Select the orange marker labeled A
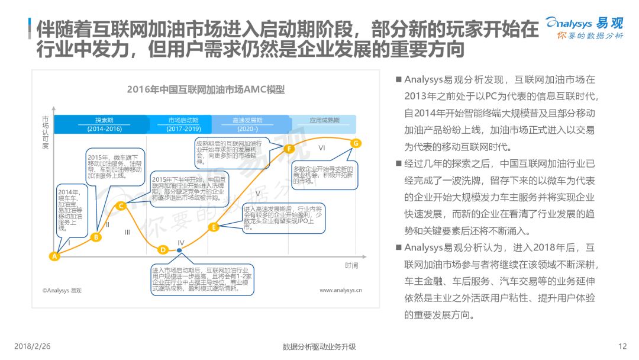click(54, 256)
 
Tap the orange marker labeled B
click(96, 237)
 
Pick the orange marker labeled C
click(121, 206)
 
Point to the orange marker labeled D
click(163, 249)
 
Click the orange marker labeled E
click(214, 226)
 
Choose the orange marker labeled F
click(289, 149)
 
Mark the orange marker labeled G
click(356, 143)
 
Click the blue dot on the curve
click(180, 250)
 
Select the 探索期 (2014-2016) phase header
click(104, 124)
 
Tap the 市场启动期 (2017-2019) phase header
click(183, 124)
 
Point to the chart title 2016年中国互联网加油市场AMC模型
click(206, 90)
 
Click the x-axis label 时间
click(352, 265)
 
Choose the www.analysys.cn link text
click(341, 290)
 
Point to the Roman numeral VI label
click(322, 147)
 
